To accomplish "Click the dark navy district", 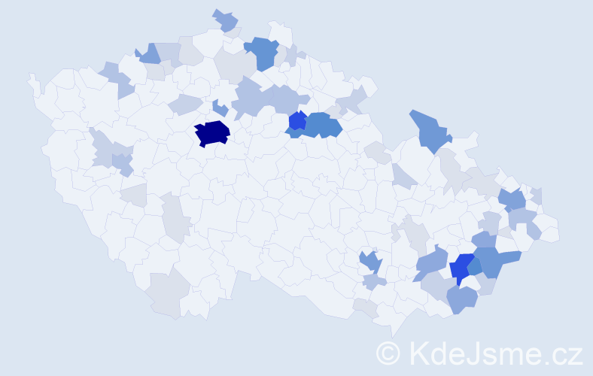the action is (x=211, y=133).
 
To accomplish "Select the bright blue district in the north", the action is (x=297, y=120).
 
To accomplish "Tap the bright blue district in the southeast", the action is (x=463, y=268).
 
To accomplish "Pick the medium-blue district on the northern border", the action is (x=263, y=51).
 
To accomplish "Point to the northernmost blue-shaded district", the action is (x=225, y=20).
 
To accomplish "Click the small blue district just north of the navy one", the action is (x=220, y=108).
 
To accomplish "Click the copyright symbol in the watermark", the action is (x=388, y=353).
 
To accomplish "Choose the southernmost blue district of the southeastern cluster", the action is (x=462, y=299).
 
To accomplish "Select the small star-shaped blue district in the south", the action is (x=369, y=262).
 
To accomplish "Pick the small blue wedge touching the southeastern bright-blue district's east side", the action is (x=476, y=267).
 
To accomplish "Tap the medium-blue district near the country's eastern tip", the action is (x=512, y=200).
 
